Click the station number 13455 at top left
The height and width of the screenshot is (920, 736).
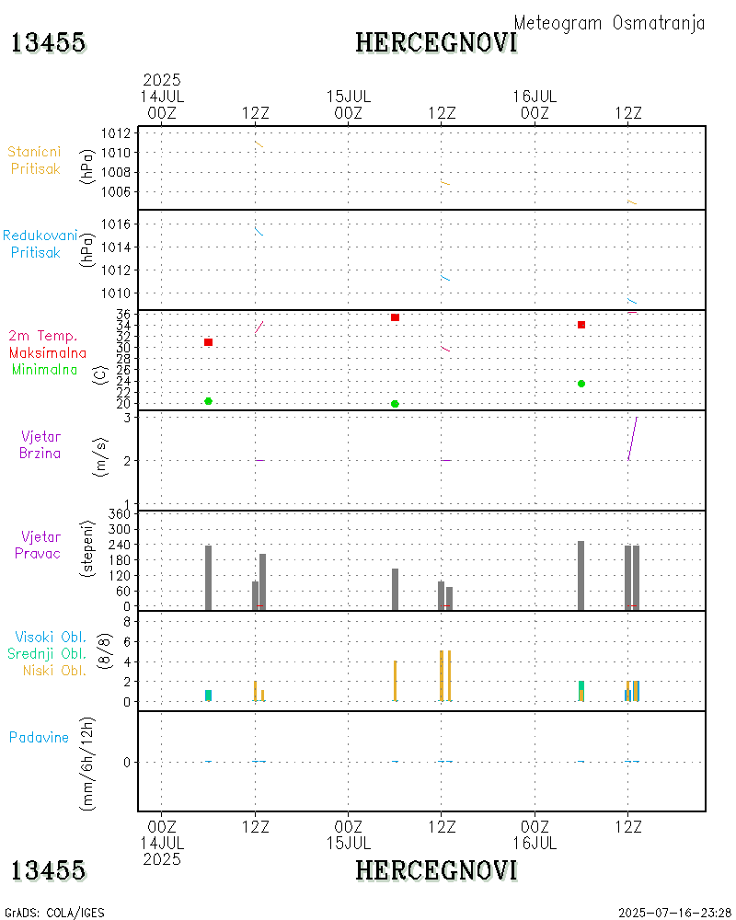pyautogui.click(x=49, y=42)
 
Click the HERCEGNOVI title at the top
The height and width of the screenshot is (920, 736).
pyautogui.click(x=436, y=42)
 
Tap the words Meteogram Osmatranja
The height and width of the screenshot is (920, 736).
pyautogui.click(x=609, y=23)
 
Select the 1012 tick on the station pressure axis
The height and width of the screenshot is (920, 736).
pyautogui.click(x=116, y=132)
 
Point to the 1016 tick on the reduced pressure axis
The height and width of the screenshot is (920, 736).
pyautogui.click(x=116, y=224)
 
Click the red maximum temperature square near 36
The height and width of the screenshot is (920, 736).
pyautogui.click(x=395, y=317)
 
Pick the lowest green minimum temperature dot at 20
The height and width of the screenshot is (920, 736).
pyautogui.click(x=395, y=404)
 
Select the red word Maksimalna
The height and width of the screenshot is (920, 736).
pyautogui.click(x=48, y=352)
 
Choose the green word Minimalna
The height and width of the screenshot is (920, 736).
pyautogui.click(x=45, y=370)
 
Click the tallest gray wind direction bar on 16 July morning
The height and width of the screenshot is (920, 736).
pyautogui.click(x=581, y=575)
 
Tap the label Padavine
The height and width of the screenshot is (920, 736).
pyautogui.click(x=39, y=737)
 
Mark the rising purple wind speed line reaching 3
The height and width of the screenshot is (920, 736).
pyautogui.click(x=632, y=438)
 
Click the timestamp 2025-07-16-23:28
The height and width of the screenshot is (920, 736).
pyautogui.click(x=674, y=913)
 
